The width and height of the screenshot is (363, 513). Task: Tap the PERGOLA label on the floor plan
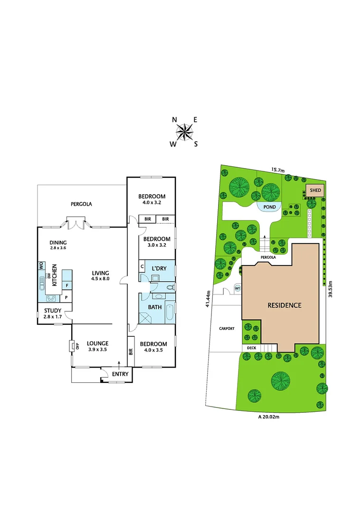coord(81,204)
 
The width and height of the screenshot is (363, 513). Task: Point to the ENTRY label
coord(120,374)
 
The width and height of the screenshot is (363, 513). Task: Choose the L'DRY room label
coord(159,268)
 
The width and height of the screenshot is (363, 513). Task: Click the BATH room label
coord(155,307)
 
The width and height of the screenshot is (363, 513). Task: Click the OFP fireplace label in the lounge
coord(71,345)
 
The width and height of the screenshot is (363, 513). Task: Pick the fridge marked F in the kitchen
coord(67,285)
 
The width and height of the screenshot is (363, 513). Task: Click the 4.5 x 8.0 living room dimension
coord(101,279)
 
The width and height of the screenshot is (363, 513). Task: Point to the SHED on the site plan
coord(315,190)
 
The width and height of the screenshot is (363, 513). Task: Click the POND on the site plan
coord(269,207)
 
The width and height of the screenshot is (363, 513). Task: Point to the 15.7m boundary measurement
coord(277,170)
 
